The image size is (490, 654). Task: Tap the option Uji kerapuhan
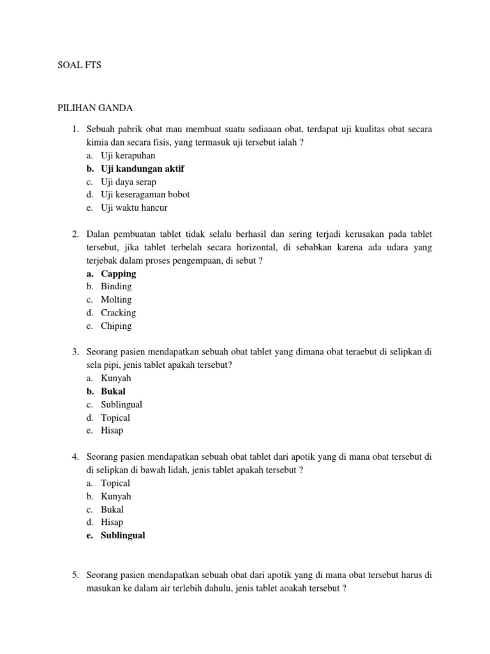(x=128, y=155)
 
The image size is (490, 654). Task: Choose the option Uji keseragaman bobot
(x=145, y=194)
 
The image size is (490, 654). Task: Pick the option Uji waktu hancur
(x=134, y=208)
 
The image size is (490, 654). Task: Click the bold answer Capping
(x=118, y=273)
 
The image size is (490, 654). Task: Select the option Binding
(x=116, y=287)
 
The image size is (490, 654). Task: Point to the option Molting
(x=116, y=300)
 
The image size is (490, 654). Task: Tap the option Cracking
(x=118, y=313)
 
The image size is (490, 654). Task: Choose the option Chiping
(x=116, y=326)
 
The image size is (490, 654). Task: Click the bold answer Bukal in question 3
(x=113, y=392)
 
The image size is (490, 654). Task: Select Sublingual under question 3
(x=121, y=404)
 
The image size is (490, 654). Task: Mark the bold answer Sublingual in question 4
(x=122, y=535)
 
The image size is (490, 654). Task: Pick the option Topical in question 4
(x=115, y=483)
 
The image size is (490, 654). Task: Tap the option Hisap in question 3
(x=112, y=430)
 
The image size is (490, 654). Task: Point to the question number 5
(x=75, y=575)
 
